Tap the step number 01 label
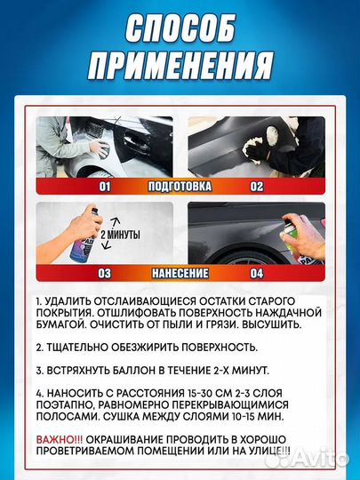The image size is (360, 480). (104, 187)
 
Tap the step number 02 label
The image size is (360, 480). (256, 187)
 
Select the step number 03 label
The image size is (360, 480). (104, 274)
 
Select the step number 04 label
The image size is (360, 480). (256, 274)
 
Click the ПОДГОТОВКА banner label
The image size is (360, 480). (180, 187)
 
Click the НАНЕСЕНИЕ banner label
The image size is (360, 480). (180, 274)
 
